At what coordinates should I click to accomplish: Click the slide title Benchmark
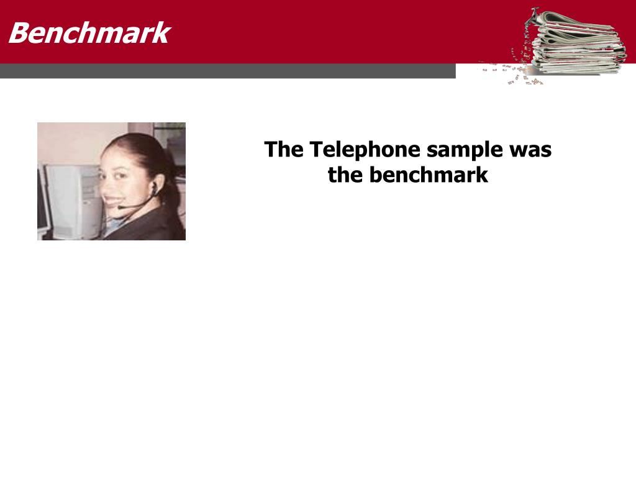coord(89,33)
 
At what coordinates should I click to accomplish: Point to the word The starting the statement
coord(283,149)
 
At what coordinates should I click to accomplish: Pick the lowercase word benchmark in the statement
coord(429,175)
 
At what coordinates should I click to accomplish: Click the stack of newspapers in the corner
coord(576,43)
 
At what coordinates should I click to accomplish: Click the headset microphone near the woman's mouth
coord(122,207)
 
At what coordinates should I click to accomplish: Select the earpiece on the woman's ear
coord(155,188)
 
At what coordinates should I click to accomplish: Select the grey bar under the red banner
coord(227,71)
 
